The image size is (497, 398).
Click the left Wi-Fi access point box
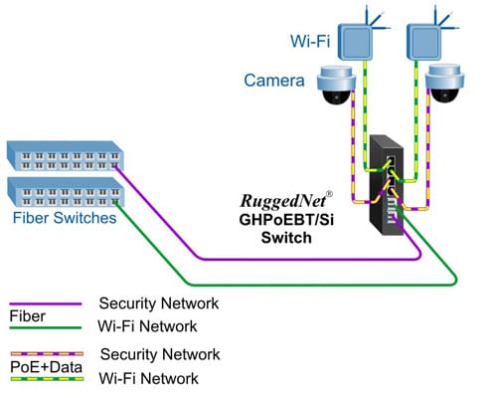355,43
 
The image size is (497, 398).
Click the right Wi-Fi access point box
423,43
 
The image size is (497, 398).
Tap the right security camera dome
444,85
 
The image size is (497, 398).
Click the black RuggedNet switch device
387,185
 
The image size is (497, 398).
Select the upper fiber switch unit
65,156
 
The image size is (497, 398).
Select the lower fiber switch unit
66,192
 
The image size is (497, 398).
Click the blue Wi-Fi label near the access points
310,41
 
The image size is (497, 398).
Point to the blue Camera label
274,81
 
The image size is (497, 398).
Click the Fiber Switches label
65,218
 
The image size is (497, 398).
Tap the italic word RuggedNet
283,201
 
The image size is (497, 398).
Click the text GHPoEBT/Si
286,220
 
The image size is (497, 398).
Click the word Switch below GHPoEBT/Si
286,238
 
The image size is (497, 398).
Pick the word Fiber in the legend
27,316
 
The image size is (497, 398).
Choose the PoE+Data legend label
46,367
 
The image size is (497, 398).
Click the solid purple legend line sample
46,303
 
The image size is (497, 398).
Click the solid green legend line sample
46,328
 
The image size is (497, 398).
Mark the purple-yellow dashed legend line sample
47,354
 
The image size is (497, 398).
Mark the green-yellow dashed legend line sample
47,379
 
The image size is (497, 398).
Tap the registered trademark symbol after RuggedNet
329,194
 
